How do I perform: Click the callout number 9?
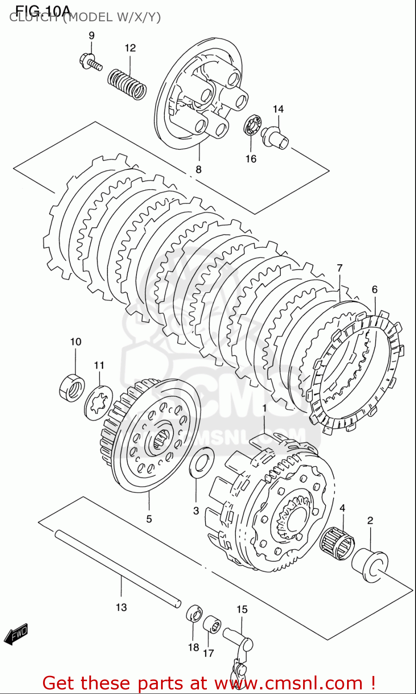[92, 36]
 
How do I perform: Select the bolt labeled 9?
[90, 62]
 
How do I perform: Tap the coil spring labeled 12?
[127, 84]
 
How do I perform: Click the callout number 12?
[130, 48]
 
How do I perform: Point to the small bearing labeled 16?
[252, 125]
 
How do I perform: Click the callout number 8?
[199, 169]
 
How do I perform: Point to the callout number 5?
[149, 519]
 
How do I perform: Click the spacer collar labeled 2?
[370, 564]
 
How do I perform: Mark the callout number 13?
[121, 607]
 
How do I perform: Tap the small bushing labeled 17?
[213, 625]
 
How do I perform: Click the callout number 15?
[242, 609]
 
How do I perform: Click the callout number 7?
[340, 268]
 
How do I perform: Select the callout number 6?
[374, 290]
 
